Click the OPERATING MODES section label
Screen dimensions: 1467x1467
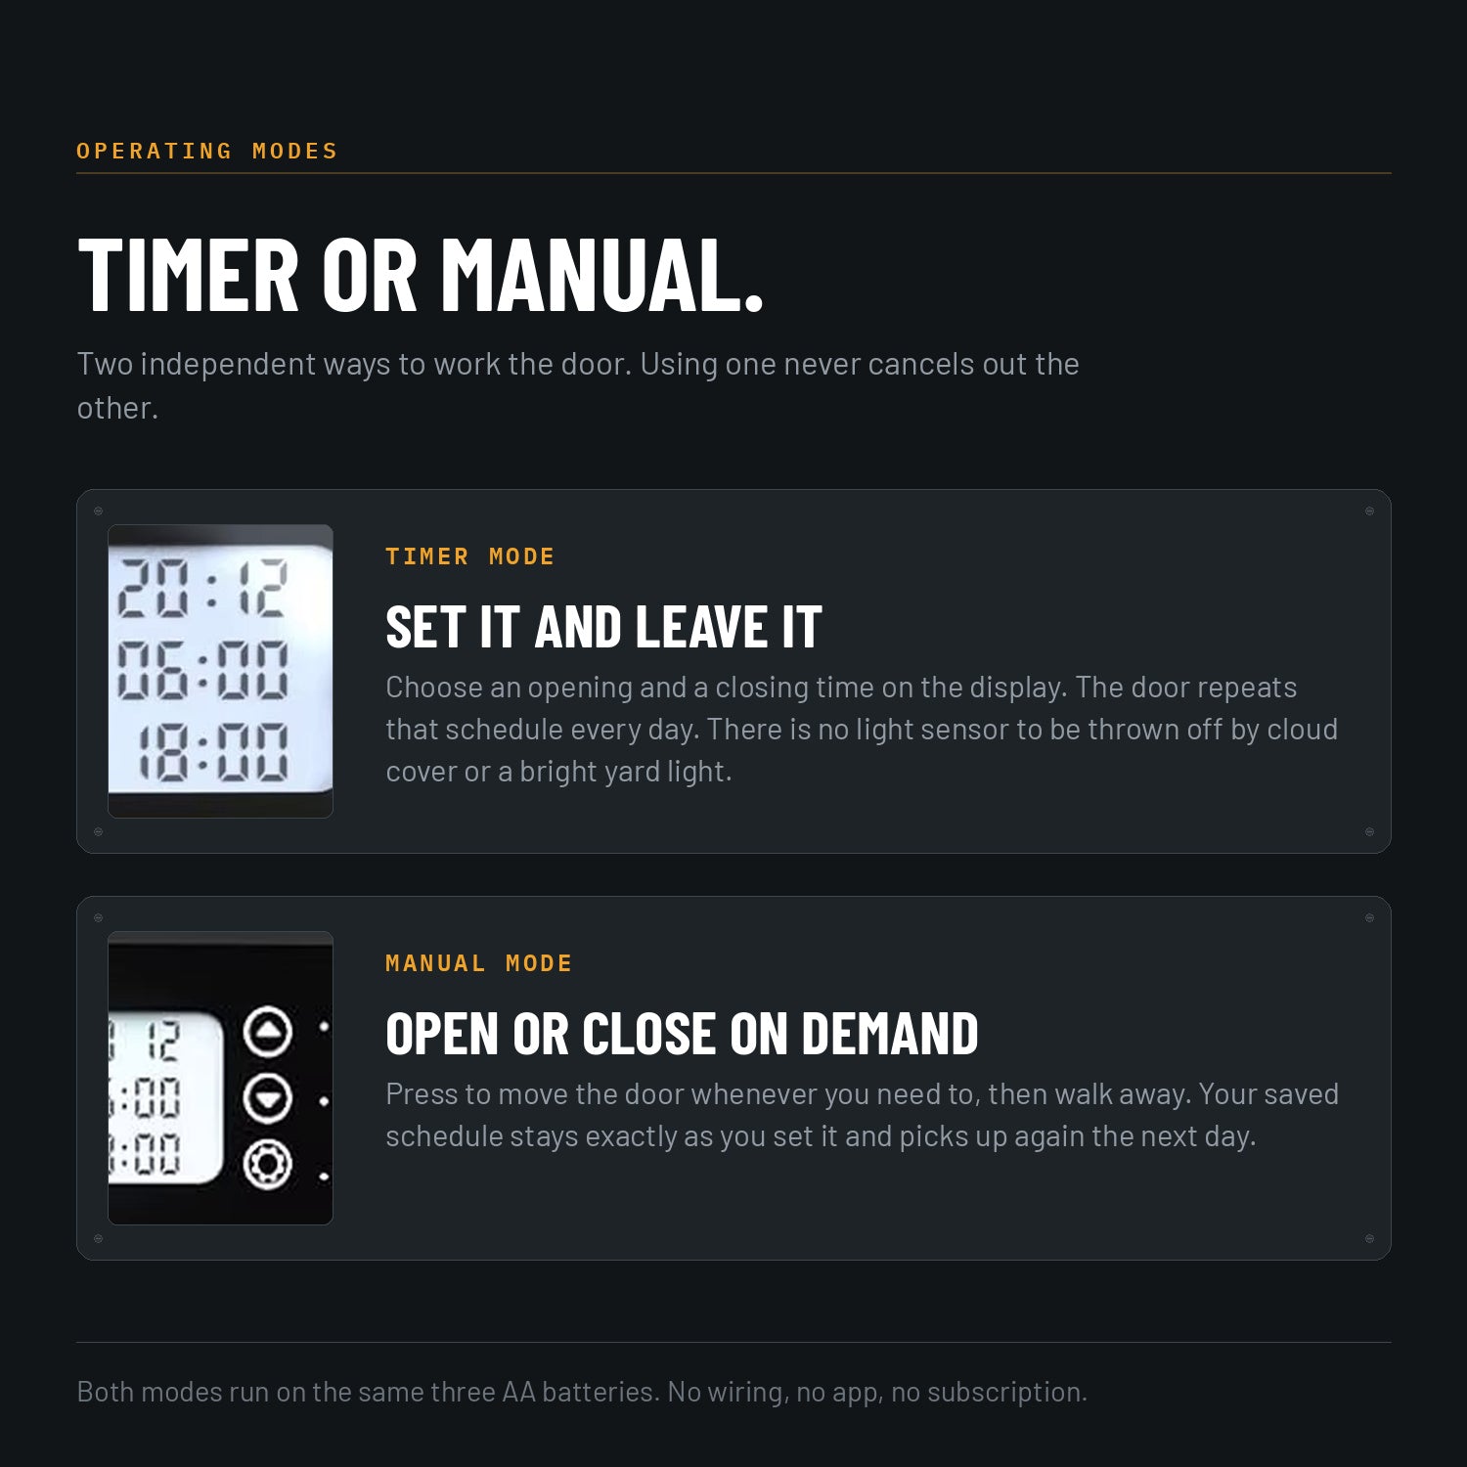point(207,151)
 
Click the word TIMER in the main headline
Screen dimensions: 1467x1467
point(188,275)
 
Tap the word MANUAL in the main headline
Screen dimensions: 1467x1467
point(601,275)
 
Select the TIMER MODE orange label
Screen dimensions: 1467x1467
point(470,556)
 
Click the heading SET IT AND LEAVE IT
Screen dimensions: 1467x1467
point(603,627)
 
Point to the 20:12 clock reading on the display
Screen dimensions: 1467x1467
point(203,588)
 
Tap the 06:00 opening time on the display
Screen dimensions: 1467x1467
point(203,670)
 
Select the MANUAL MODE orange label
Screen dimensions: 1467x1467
point(479,963)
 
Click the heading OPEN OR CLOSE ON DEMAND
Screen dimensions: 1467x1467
point(682,1034)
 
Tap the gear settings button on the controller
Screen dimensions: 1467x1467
point(267,1165)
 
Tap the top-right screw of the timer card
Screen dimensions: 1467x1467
point(1369,511)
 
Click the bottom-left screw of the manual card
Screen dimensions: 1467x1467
point(98,1238)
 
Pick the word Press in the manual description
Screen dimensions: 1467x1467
point(422,1093)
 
